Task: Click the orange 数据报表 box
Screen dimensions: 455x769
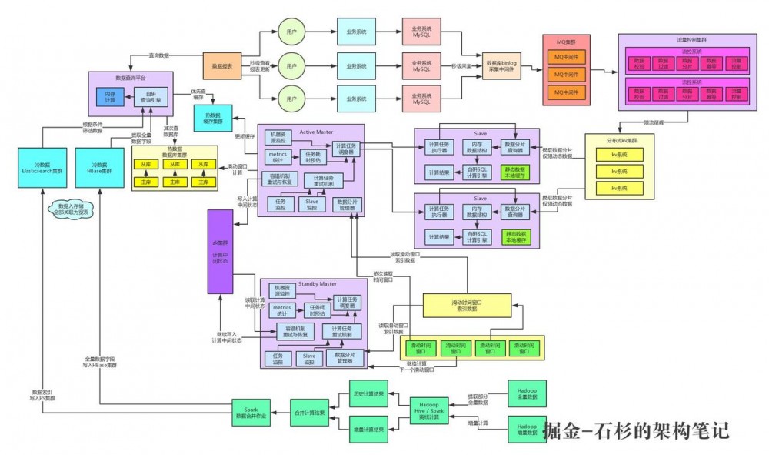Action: pos(222,66)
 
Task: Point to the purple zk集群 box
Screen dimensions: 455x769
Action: pos(220,251)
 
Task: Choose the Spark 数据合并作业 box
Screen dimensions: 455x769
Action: pos(252,413)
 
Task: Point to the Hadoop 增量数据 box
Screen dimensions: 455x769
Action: pos(526,429)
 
